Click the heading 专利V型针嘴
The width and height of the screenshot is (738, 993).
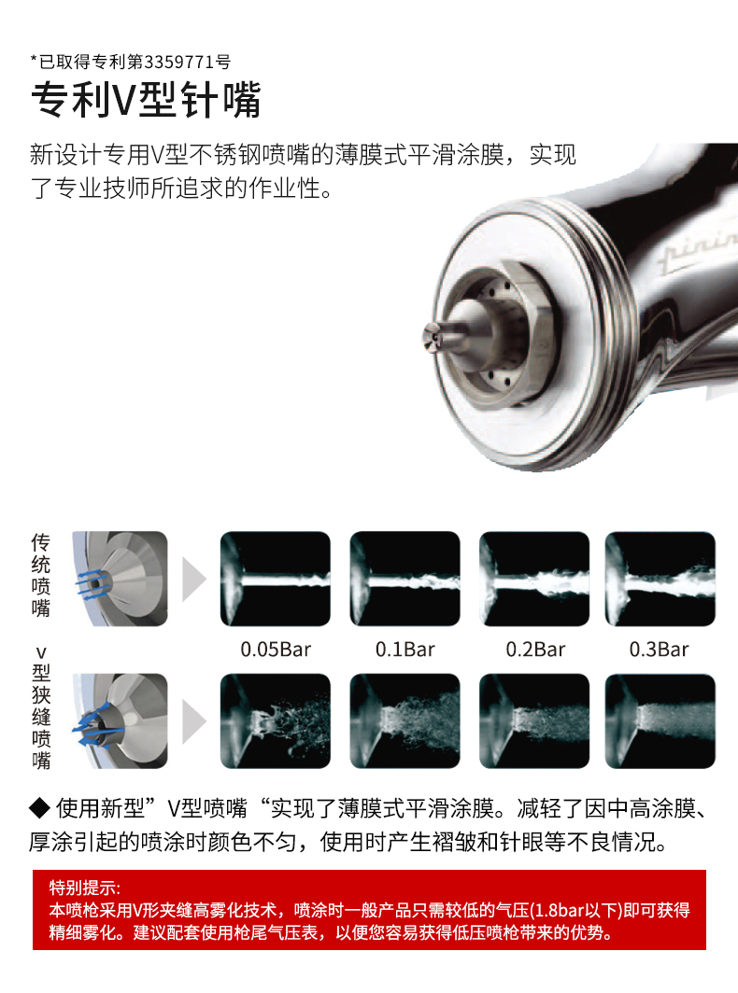[146, 100]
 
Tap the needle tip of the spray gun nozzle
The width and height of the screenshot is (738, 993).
[431, 336]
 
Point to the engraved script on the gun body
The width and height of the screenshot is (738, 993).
[698, 251]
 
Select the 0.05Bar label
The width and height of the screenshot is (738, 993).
[276, 650]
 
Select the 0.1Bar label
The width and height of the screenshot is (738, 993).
[405, 650]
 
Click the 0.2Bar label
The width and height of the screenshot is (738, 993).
[535, 650]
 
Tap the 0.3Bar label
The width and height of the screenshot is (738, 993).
[659, 650]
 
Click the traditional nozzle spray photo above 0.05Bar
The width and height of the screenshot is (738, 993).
[276, 579]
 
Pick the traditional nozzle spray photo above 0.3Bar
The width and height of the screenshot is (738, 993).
[660, 579]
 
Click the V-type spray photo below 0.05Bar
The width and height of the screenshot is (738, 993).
[276, 720]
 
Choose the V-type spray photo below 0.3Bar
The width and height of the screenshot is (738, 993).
[660, 720]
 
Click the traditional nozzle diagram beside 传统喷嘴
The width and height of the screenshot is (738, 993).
[120, 579]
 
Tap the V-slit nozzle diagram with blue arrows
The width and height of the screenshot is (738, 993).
[120, 720]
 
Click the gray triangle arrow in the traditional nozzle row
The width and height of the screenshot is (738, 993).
[194, 579]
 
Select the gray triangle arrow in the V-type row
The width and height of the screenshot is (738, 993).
[194, 720]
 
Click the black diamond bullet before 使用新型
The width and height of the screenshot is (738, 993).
[40, 808]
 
